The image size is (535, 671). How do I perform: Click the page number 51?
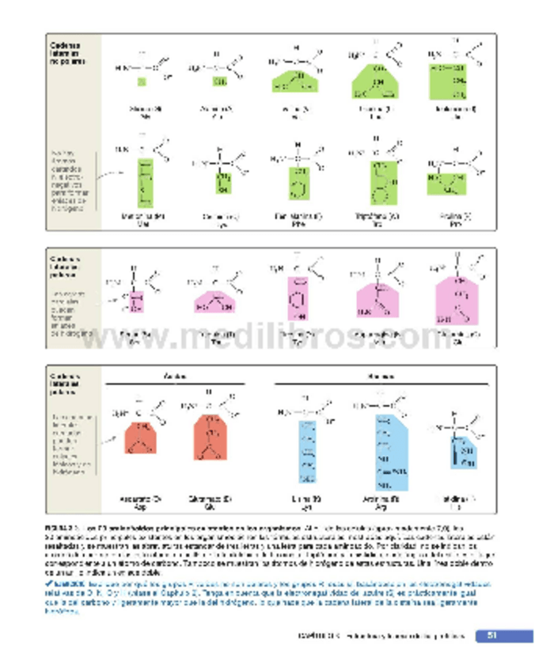(491, 635)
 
